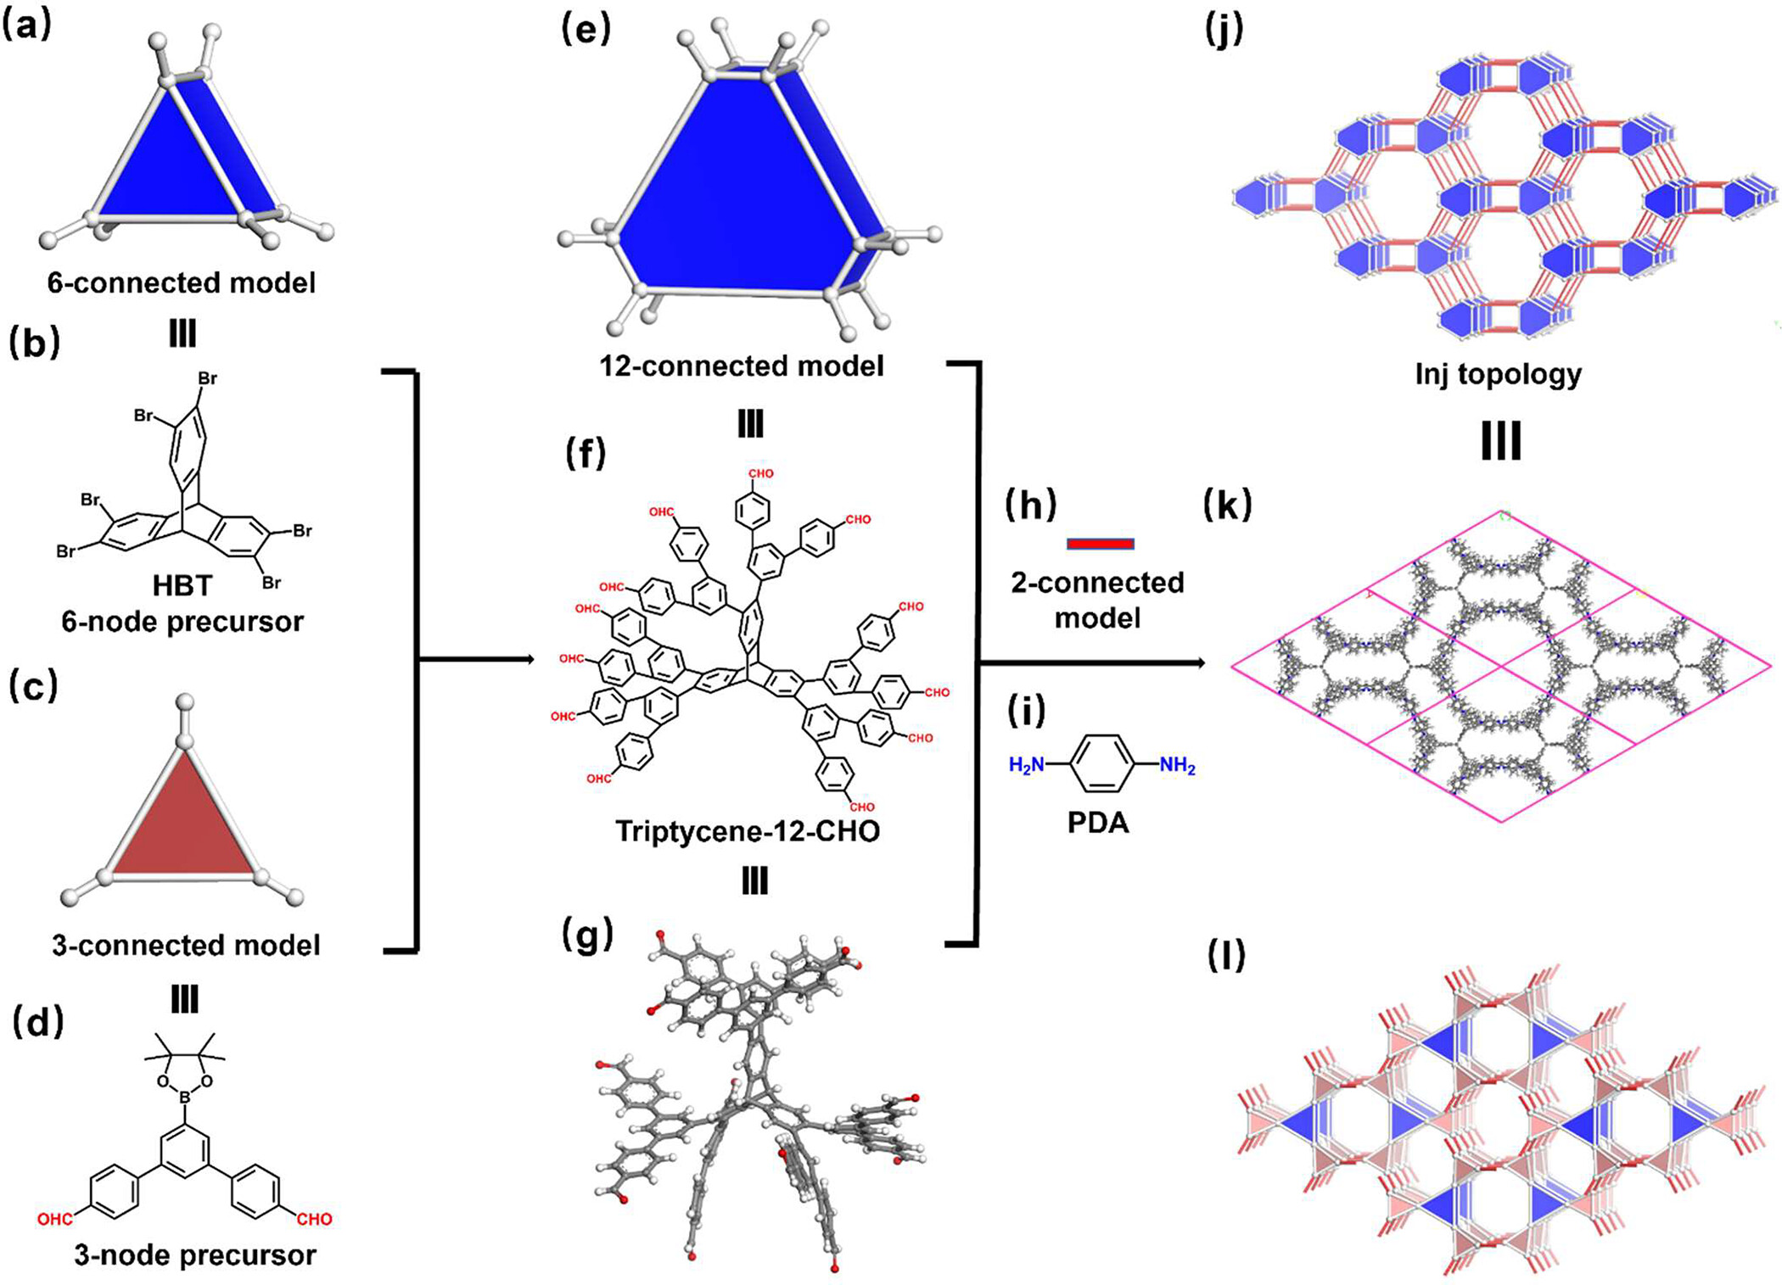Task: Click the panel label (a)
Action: (27, 26)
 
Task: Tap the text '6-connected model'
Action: (181, 282)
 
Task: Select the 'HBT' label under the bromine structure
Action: (182, 585)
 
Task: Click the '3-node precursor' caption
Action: (194, 1254)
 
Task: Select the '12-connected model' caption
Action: (741, 366)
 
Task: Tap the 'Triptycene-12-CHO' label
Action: (747, 831)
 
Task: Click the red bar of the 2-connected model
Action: (1100, 544)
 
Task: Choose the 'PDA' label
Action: (1097, 823)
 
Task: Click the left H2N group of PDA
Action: (1026, 765)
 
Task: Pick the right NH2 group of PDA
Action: (1177, 765)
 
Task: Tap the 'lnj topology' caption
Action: (1498, 374)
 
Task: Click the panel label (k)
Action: (1227, 506)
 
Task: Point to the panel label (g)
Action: (587, 935)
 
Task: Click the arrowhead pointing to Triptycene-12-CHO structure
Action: (530, 660)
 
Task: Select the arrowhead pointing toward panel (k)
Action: (1200, 662)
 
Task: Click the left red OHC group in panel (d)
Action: (54, 1220)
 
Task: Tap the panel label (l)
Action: (1226, 956)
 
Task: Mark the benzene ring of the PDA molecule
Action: (1101, 764)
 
